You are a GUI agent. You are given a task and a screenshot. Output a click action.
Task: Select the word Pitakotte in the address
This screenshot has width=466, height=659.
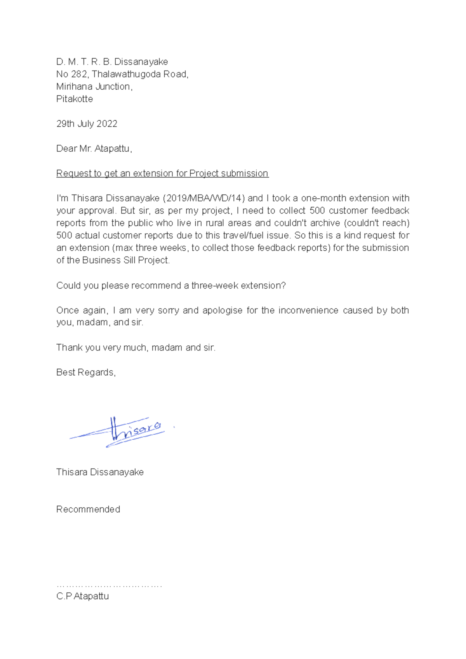[x=75, y=99]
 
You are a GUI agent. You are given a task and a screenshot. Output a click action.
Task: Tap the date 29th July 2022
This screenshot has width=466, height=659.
[x=87, y=124]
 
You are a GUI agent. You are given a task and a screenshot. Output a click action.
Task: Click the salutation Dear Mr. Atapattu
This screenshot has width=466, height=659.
[x=94, y=149]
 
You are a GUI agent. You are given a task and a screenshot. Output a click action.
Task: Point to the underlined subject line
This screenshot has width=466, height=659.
[x=162, y=173]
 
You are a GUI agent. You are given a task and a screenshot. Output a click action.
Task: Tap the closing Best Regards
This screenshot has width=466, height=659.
[x=86, y=373]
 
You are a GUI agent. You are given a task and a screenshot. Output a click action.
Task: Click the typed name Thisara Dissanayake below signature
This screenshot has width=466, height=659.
[x=100, y=472]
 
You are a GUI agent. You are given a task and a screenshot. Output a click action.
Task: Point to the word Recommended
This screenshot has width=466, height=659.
[x=88, y=510]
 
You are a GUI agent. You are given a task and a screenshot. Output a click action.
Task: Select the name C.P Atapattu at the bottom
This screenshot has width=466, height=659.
[x=82, y=597]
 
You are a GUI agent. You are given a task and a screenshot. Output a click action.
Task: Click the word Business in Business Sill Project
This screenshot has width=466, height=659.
[x=101, y=260]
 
